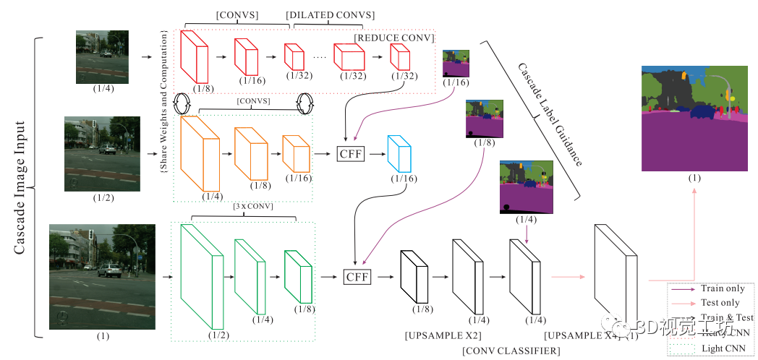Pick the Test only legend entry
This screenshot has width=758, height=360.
[720, 303]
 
